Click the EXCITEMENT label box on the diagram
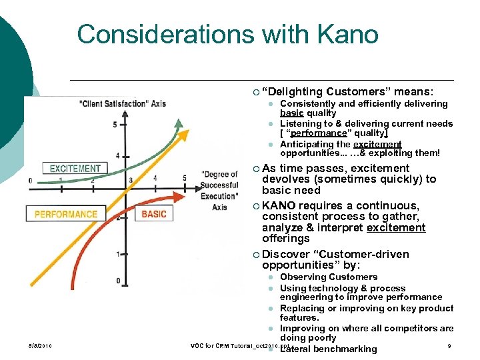pos(75,169)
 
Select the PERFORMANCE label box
pos(65,214)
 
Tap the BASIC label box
pos(154,214)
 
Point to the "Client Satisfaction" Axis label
pos(122,103)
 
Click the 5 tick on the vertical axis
pos(115,125)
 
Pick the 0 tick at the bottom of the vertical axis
pos(118,281)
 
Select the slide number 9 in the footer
pos(450,345)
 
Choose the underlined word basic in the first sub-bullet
pos(293,113)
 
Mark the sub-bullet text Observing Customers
pos(329,277)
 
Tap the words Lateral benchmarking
pos(329,349)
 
